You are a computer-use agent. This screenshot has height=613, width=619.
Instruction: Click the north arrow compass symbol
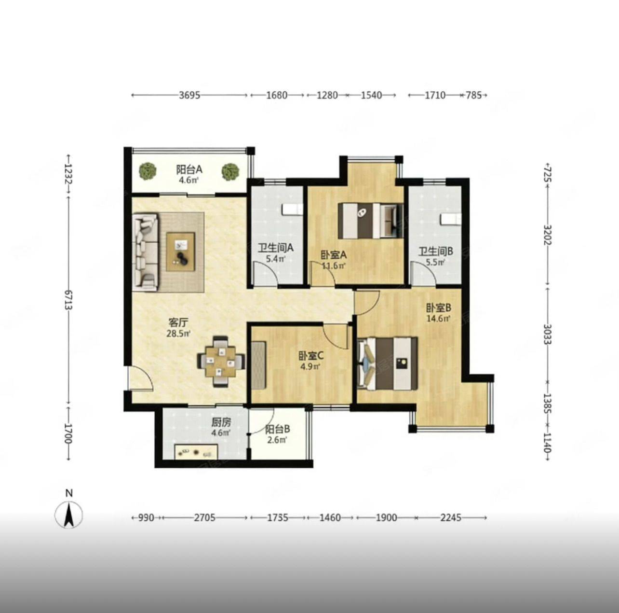68,514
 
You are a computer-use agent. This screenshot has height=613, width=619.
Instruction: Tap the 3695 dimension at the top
189,95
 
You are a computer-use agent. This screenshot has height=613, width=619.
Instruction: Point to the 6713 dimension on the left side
68,299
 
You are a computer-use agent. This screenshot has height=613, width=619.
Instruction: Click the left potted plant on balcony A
148,171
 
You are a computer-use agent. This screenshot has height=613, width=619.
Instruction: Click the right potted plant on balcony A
230,171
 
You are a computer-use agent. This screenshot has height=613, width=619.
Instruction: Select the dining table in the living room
221,361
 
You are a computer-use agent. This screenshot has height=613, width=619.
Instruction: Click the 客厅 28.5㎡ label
178,327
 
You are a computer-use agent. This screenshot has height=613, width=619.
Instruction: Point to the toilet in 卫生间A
292,209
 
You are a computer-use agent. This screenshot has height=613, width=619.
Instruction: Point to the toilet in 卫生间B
451,219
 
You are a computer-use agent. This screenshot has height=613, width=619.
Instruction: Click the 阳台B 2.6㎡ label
278,434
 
